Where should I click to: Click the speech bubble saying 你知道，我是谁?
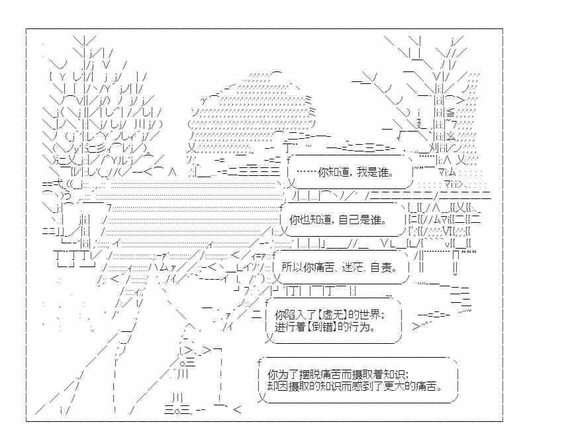(350, 171)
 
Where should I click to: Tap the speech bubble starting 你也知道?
(343, 220)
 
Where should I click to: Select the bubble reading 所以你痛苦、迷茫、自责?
(341, 267)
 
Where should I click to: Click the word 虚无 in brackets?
(333, 315)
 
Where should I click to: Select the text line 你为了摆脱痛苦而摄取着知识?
(338, 374)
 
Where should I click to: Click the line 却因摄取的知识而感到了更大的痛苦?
(355, 386)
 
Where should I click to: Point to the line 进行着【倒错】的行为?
(326, 327)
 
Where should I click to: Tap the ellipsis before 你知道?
(307, 172)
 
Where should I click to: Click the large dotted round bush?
(252, 116)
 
